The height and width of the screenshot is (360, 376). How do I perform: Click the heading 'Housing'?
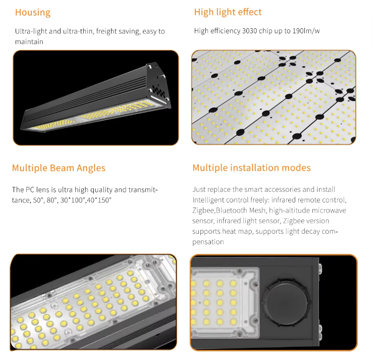click(x=33, y=13)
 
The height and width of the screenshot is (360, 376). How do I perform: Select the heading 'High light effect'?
click(x=228, y=12)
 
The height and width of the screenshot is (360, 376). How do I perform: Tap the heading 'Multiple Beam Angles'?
click(x=59, y=168)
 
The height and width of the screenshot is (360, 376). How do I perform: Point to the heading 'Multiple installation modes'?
click(x=251, y=168)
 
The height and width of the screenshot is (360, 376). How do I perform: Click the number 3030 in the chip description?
click(x=250, y=31)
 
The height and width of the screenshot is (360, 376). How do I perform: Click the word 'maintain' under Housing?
click(x=29, y=42)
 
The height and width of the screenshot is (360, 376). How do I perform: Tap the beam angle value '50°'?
click(x=38, y=200)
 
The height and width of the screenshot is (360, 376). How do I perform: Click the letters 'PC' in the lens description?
click(x=30, y=190)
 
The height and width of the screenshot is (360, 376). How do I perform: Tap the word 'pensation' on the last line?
click(x=208, y=242)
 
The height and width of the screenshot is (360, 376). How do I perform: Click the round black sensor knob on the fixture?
click(x=285, y=302)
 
